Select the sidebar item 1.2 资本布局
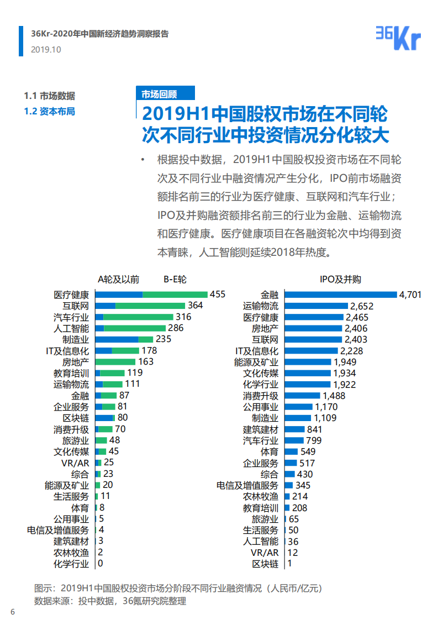[x=49, y=111]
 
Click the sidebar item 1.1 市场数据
[x=49, y=95]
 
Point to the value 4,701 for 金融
[x=410, y=295]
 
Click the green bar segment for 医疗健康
[x=175, y=295]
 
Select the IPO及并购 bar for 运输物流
[x=316, y=306]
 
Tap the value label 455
[x=218, y=295]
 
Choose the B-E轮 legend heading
[x=175, y=279]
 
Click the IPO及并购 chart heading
[x=340, y=279]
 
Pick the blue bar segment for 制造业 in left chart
[x=117, y=339]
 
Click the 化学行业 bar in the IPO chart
[x=308, y=384]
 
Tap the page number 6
[x=13, y=611]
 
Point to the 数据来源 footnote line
[x=110, y=601]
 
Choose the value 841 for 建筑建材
[x=315, y=429]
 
